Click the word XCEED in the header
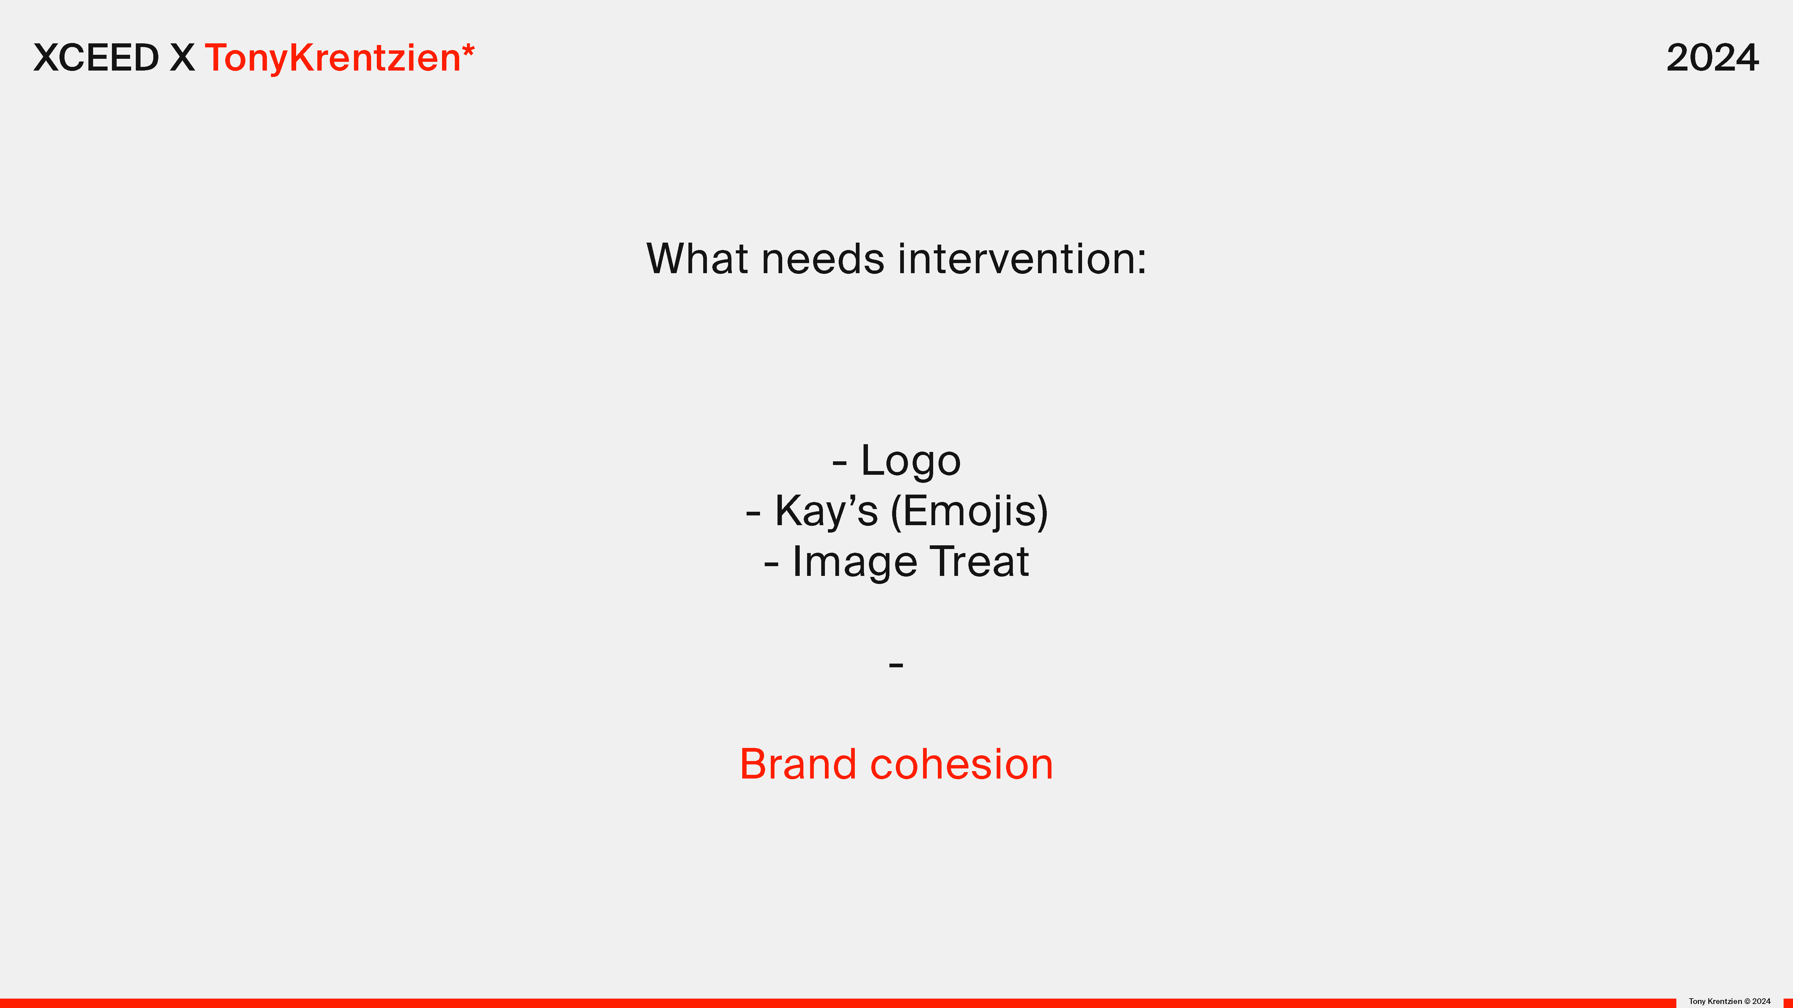[96, 58]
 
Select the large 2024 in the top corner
[1712, 58]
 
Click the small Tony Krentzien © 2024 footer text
[1730, 1001]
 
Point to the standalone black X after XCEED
[183, 58]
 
